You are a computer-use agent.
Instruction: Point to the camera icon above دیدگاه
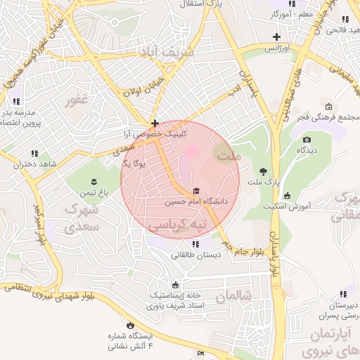coord(306,140)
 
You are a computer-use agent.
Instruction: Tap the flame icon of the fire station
coord(130,325)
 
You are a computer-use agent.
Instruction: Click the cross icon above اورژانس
coord(277,36)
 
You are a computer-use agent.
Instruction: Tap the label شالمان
coord(234,296)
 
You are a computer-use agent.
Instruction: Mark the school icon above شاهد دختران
coord(34,153)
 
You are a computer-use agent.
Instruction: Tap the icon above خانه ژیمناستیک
coord(175,285)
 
